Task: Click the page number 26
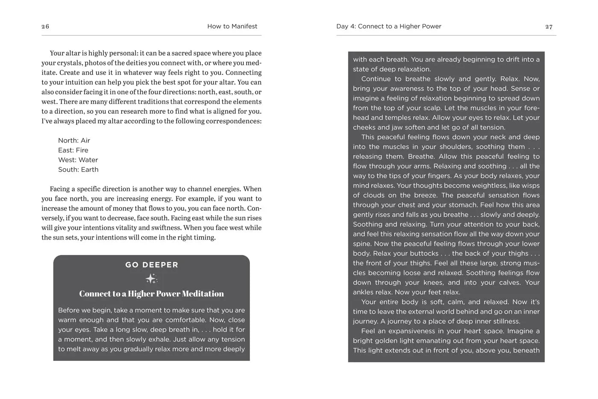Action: click(x=45, y=27)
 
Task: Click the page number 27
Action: click(x=549, y=27)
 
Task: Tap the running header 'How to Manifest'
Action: click(x=232, y=27)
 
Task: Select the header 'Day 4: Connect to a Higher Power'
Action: click(x=389, y=27)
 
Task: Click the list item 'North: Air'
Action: click(x=74, y=141)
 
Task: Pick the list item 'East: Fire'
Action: click(x=73, y=151)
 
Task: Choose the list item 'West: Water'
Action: click(x=78, y=160)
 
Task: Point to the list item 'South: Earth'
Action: click(x=78, y=170)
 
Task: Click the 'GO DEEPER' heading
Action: click(x=152, y=265)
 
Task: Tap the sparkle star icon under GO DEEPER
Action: click(x=151, y=279)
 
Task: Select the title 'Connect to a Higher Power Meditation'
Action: click(x=151, y=294)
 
